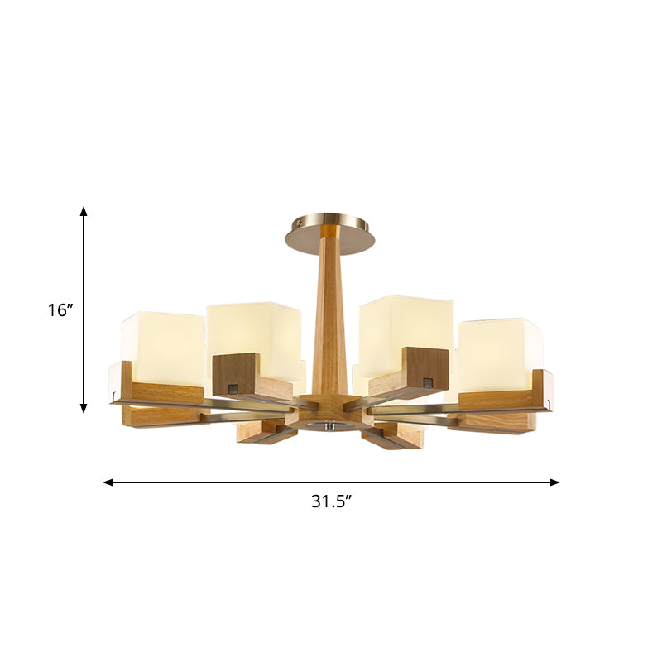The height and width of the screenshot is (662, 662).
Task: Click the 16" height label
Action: pyautogui.click(x=60, y=310)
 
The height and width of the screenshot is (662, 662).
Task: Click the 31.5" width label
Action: pyautogui.click(x=330, y=501)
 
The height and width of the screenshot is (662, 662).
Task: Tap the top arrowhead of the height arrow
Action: pyautogui.click(x=84, y=212)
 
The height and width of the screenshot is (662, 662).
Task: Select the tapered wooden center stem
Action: pyautogui.click(x=330, y=323)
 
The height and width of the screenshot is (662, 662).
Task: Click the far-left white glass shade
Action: pyautogui.click(x=163, y=348)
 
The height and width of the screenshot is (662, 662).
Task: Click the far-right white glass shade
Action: pyautogui.click(x=501, y=352)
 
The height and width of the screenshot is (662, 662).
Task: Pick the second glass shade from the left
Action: pyautogui.click(x=255, y=331)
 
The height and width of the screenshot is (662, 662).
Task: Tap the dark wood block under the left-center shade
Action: pyautogui.click(x=236, y=373)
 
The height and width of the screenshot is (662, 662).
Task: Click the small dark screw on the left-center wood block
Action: pyautogui.click(x=233, y=386)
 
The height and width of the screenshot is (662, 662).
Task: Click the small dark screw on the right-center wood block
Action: pyautogui.click(x=428, y=381)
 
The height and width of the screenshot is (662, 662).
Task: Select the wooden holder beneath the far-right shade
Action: pyautogui.click(x=505, y=399)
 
